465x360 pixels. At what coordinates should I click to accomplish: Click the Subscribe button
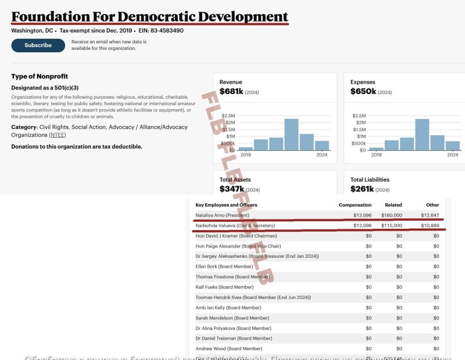(x=38, y=45)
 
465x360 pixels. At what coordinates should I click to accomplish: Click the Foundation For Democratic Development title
(x=149, y=16)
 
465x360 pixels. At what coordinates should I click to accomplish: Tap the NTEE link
(x=58, y=135)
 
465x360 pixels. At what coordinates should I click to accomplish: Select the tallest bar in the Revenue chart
(x=291, y=135)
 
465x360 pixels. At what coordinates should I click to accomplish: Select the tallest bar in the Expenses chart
(x=422, y=135)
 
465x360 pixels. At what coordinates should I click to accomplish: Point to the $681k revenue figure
(x=231, y=92)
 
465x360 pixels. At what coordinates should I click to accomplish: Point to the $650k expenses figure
(x=362, y=92)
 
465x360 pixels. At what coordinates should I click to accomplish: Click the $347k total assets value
(x=231, y=189)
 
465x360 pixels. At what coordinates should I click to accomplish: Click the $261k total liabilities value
(x=362, y=189)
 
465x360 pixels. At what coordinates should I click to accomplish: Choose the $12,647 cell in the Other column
(x=428, y=215)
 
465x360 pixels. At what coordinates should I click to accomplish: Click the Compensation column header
(x=355, y=205)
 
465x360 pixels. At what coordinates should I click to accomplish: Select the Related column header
(x=394, y=205)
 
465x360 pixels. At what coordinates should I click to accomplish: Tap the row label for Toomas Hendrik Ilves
(x=253, y=297)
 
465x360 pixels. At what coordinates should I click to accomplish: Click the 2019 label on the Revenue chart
(x=245, y=155)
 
